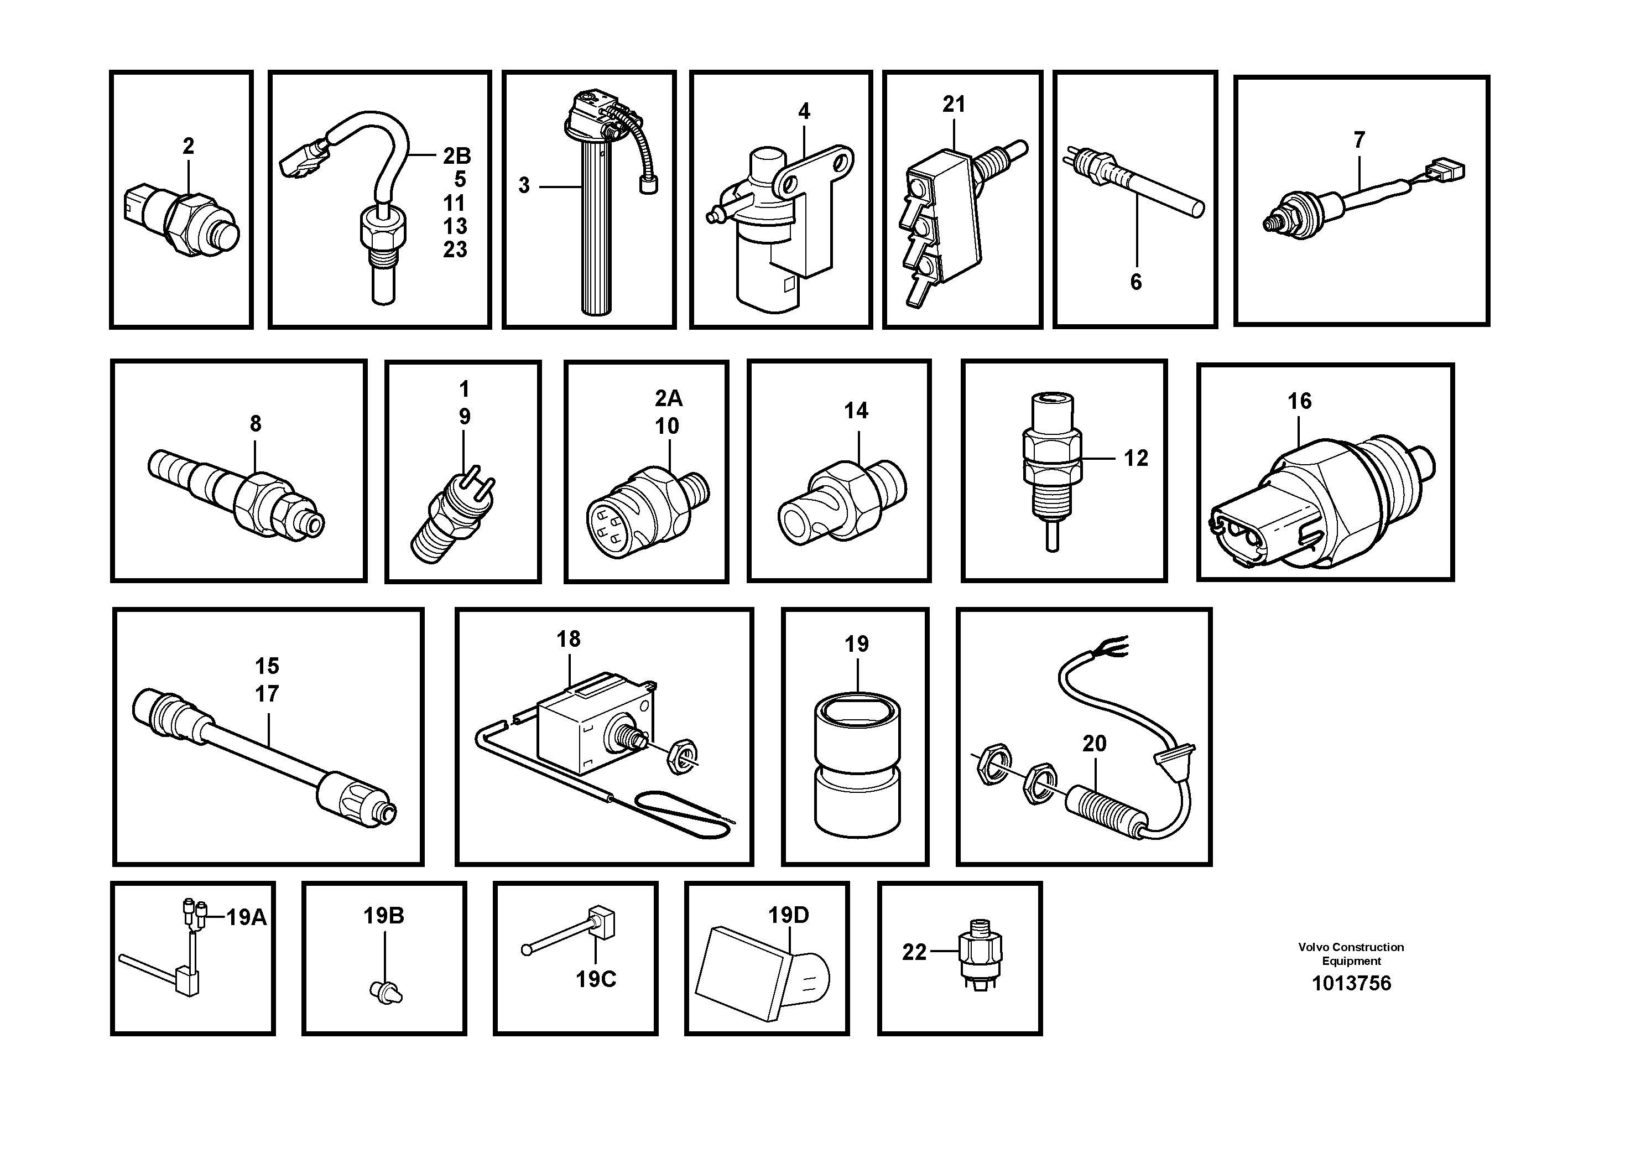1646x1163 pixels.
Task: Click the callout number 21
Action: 954,105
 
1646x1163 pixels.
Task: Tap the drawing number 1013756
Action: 1351,983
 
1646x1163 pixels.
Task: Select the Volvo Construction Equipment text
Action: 1351,954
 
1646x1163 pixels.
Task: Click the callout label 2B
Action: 457,155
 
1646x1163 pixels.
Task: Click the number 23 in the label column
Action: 455,250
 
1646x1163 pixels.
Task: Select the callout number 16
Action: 1299,401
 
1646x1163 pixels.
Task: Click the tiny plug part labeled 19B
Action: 386,993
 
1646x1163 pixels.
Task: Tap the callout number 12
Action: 1135,458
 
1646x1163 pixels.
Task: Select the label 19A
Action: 246,917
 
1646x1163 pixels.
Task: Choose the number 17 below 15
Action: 267,694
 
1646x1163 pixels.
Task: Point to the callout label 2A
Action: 668,399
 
